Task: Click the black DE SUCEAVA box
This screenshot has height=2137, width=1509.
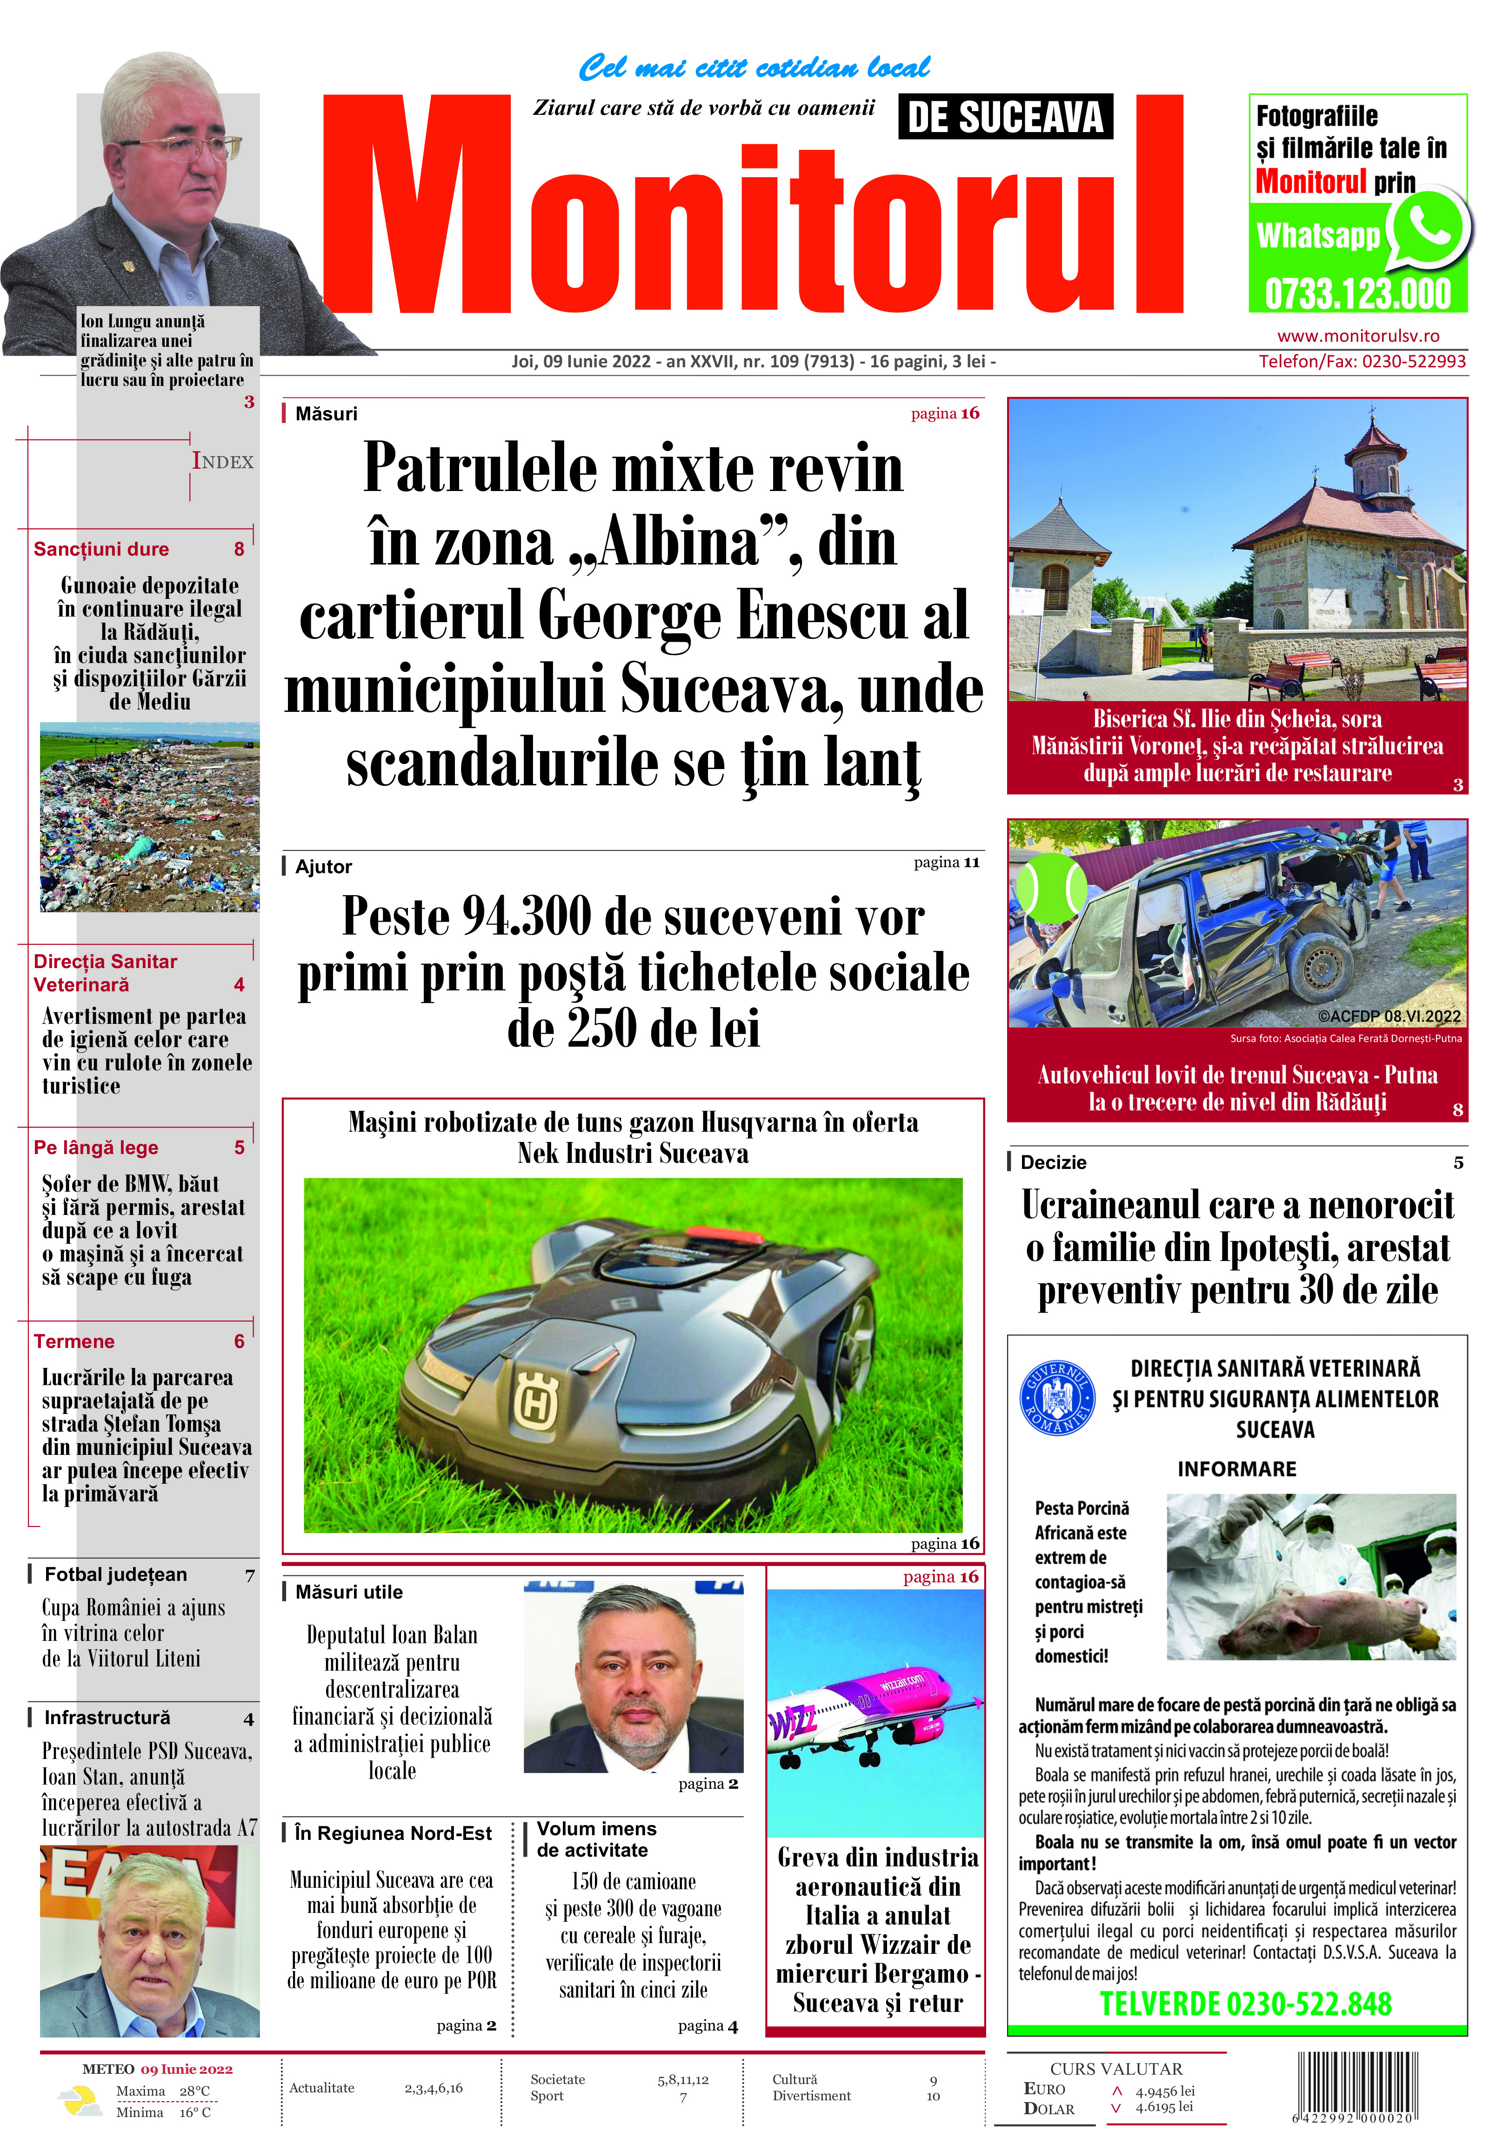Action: point(1005,117)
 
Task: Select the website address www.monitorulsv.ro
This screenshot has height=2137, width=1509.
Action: point(1358,336)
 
